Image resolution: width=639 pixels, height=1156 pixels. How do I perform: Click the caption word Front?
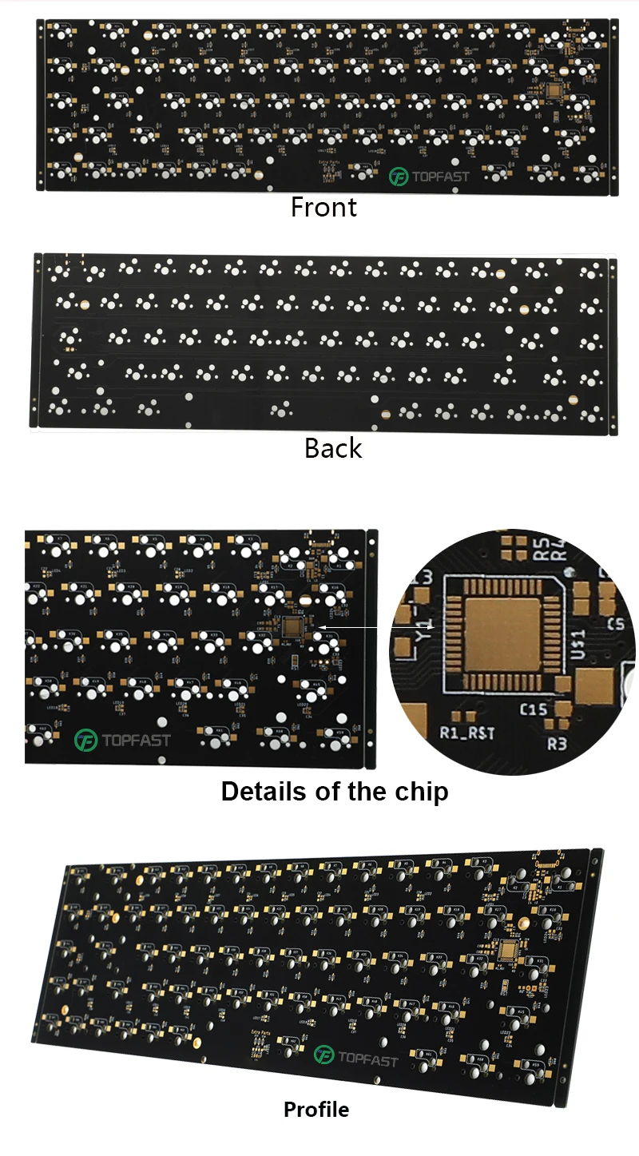tap(323, 208)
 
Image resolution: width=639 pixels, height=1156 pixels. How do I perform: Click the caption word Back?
tap(333, 448)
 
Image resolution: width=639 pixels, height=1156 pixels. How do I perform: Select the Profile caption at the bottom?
tap(316, 1110)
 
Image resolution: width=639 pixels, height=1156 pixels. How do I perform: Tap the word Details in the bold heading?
tap(260, 792)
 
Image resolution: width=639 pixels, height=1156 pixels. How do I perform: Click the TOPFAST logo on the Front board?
tap(429, 177)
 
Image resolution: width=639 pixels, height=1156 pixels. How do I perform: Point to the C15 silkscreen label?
tap(533, 708)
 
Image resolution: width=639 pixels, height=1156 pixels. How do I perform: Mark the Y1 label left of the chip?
tap(429, 631)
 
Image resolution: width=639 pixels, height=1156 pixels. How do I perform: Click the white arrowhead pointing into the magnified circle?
tap(394, 627)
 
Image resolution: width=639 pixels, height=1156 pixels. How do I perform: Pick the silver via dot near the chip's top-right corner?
tap(570, 571)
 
